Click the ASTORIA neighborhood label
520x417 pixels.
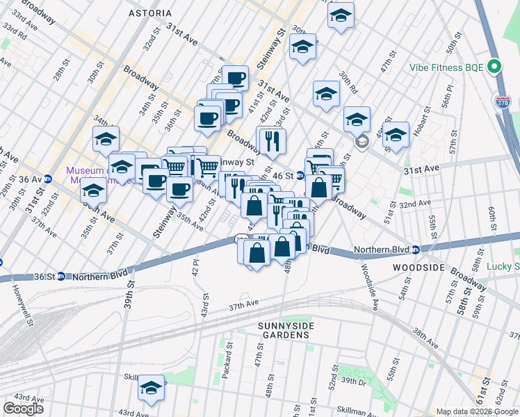click(151, 13)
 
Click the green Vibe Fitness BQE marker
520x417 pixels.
click(494, 67)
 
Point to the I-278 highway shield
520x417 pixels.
click(502, 101)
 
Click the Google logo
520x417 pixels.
click(23, 409)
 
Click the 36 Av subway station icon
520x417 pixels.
click(48, 177)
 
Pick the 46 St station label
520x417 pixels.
click(284, 176)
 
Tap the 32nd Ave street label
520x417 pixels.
click(415, 203)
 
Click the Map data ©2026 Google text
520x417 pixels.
click(476, 411)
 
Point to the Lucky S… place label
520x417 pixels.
click(502, 266)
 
